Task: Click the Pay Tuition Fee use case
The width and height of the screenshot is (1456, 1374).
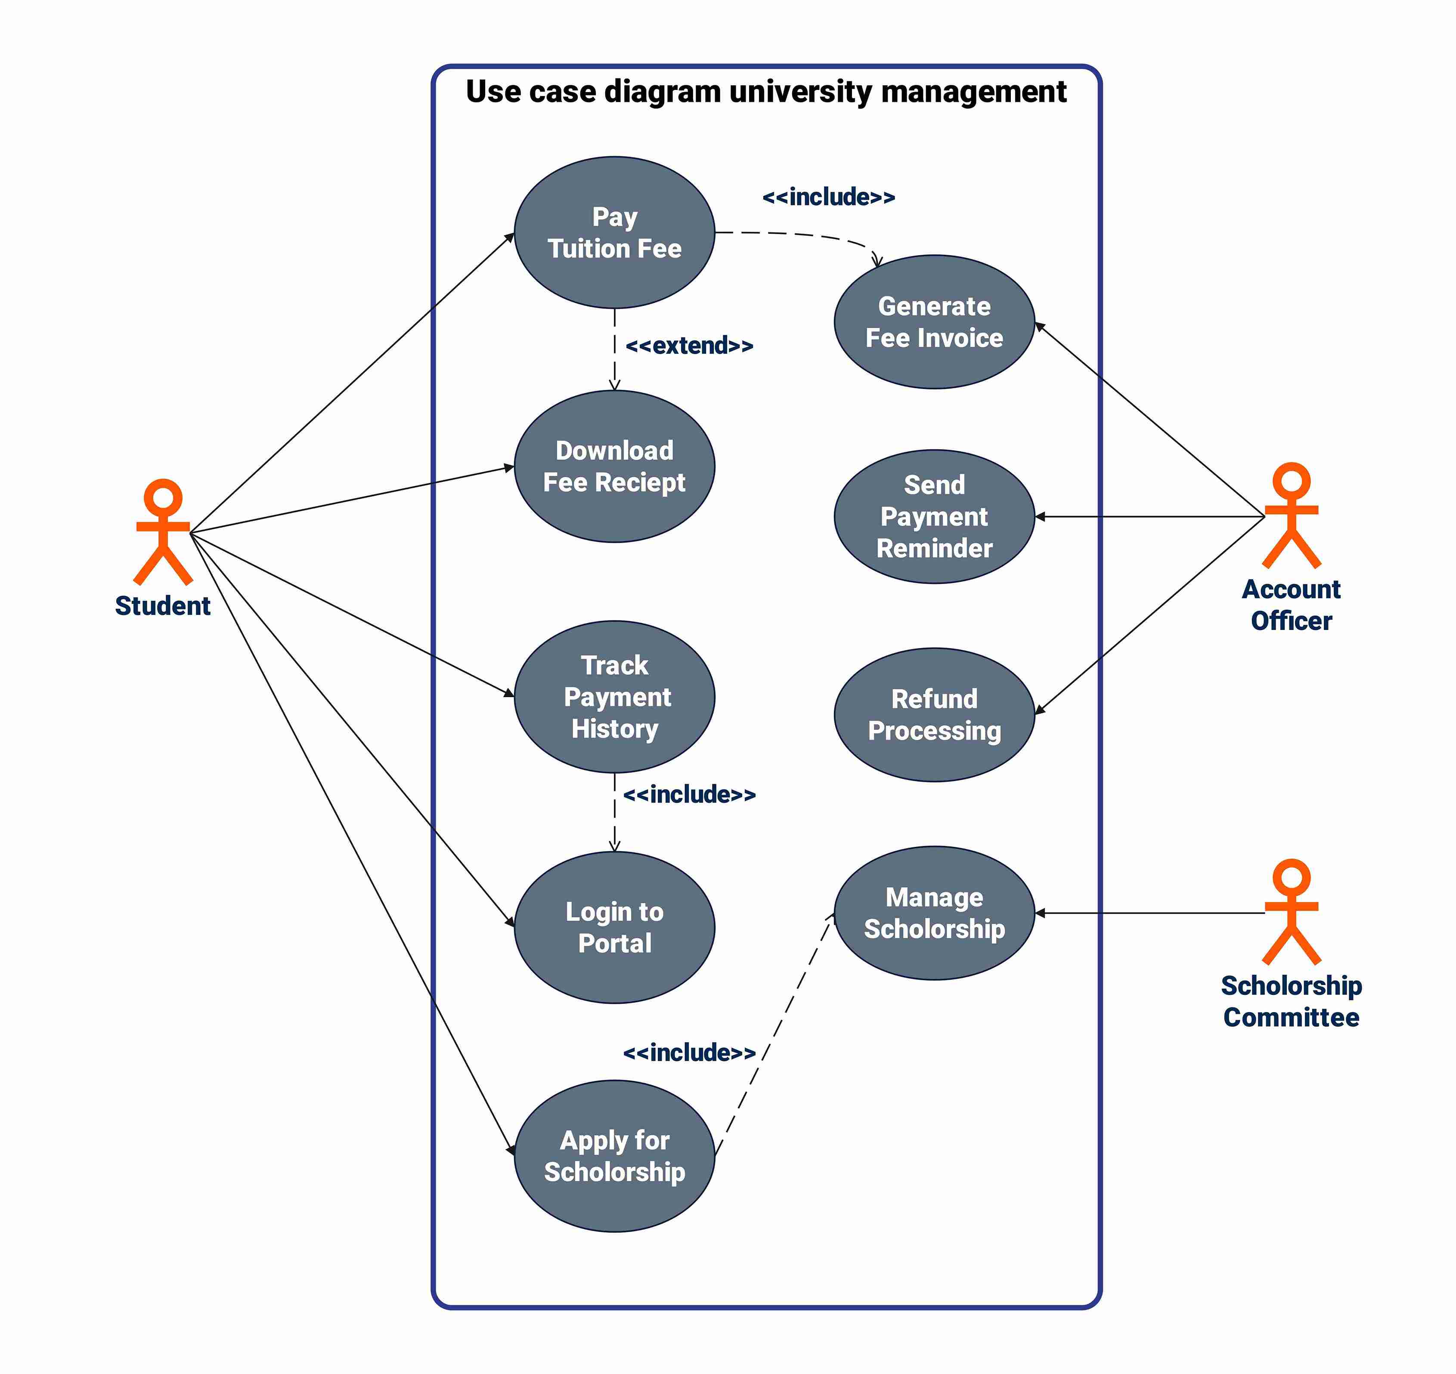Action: click(614, 232)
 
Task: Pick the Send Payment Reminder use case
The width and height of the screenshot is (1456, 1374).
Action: click(934, 516)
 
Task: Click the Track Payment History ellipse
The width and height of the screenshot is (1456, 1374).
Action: click(614, 697)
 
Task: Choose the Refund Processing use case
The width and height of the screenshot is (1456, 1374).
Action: click(934, 715)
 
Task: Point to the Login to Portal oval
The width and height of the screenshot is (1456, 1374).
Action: click(614, 927)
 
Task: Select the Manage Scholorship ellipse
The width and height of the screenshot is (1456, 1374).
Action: click(934, 913)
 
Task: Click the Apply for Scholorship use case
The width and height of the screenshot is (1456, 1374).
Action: click(614, 1156)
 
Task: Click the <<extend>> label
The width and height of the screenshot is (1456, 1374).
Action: click(689, 345)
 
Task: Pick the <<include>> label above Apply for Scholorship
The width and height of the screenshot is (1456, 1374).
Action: click(689, 1053)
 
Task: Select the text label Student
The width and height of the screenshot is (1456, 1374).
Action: click(163, 606)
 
